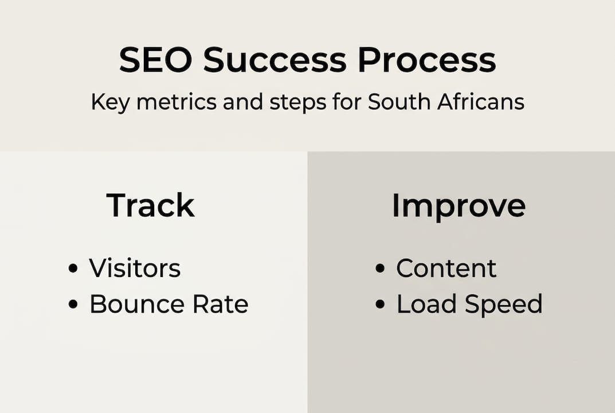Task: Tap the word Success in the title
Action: click(x=275, y=60)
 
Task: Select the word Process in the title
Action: click(x=426, y=60)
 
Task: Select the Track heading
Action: click(x=151, y=205)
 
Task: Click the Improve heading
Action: click(x=459, y=205)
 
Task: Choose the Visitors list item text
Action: click(x=135, y=268)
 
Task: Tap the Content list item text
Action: click(x=446, y=268)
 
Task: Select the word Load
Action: click(x=426, y=304)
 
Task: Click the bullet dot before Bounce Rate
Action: click(x=73, y=305)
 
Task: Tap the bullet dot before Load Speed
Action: click(x=380, y=305)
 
